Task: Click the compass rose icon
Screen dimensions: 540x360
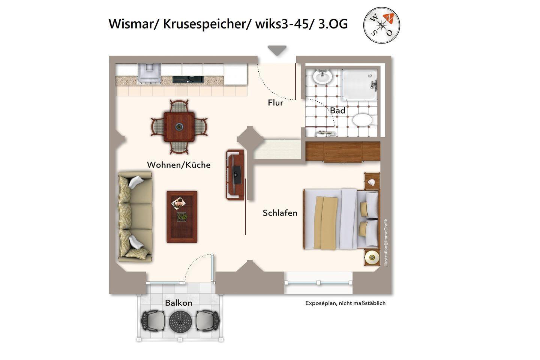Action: (x=382, y=25)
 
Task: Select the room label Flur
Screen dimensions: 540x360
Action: (x=275, y=103)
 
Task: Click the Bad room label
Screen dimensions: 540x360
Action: (x=337, y=111)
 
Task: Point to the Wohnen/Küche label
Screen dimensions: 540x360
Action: (x=178, y=165)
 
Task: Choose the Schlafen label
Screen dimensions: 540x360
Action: (x=280, y=213)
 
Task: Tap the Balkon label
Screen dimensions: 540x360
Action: (x=178, y=303)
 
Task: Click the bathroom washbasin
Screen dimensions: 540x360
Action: (x=322, y=76)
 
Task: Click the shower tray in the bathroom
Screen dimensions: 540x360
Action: (x=359, y=84)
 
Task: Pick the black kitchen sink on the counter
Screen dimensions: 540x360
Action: (x=188, y=79)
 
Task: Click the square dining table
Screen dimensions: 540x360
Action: (x=179, y=127)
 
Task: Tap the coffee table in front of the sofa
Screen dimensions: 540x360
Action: (x=182, y=217)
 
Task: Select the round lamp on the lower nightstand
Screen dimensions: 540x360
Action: (x=372, y=258)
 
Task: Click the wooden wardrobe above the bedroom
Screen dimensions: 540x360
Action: (x=343, y=152)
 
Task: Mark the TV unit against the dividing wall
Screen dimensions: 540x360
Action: (x=235, y=175)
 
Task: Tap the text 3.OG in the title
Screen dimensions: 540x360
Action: (x=333, y=24)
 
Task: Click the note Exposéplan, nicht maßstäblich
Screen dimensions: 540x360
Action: (x=345, y=303)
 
